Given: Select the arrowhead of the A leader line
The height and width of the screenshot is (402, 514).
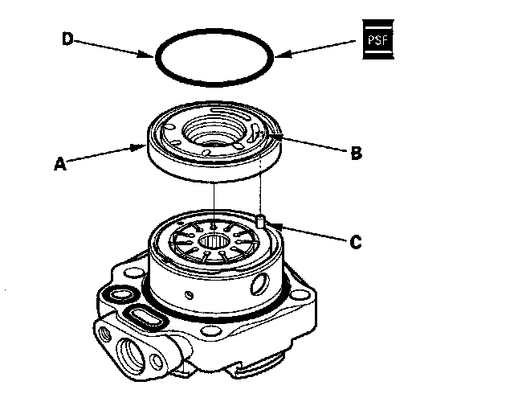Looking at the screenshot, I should click(x=143, y=147).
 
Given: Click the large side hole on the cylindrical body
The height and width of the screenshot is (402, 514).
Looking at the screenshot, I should click(x=261, y=283).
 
